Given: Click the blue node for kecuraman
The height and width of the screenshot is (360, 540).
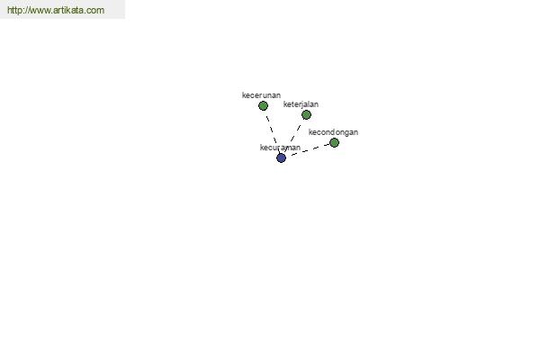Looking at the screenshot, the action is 281,157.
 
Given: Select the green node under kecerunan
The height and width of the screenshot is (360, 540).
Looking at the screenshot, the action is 263,105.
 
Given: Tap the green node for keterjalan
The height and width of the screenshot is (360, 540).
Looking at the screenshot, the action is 306,114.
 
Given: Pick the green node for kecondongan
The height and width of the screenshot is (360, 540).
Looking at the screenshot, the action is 334,142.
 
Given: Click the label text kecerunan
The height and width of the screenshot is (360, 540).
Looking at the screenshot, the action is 261,95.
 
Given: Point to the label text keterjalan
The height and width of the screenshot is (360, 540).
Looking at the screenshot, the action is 301,104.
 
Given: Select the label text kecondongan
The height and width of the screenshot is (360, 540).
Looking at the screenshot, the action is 333,132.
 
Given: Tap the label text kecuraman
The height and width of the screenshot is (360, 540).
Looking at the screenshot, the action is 280,148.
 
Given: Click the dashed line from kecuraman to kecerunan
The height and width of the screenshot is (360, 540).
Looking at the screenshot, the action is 272,131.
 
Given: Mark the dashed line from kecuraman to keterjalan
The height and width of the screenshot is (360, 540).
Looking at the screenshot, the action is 293,136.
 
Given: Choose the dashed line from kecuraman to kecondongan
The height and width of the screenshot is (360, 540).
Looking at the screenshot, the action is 310,149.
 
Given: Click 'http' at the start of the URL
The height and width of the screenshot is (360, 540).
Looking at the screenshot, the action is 14,10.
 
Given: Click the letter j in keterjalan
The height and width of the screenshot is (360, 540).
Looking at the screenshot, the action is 302,104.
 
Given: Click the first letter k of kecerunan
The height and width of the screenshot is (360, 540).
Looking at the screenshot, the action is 244,95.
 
